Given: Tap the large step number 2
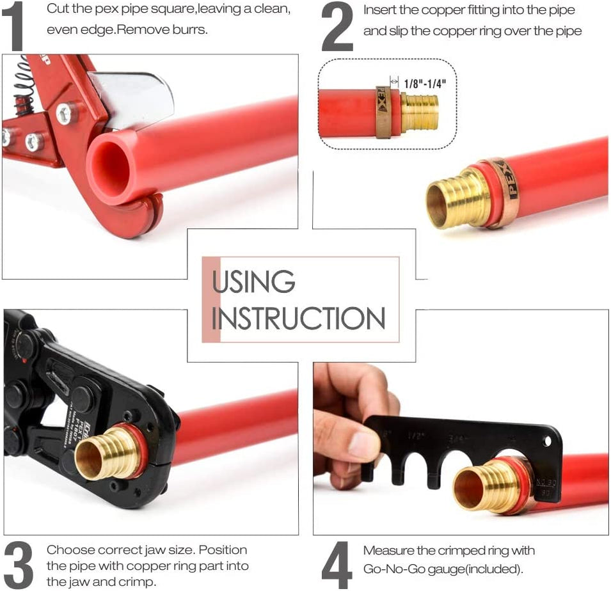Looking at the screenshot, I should [x=337, y=27].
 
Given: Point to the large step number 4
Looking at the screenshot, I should [x=337, y=565].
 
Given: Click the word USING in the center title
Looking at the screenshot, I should [x=254, y=282].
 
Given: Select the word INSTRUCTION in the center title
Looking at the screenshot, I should [x=299, y=319].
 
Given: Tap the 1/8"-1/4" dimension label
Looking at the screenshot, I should [x=425, y=83].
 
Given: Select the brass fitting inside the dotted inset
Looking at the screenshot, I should [x=420, y=113].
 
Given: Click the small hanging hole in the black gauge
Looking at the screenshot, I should [x=546, y=441].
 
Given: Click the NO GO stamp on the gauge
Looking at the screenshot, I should [x=546, y=481].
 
